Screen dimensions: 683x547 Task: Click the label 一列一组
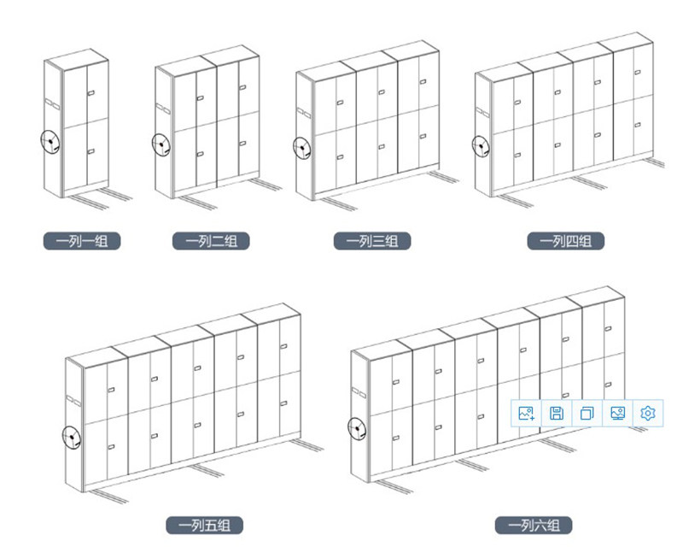click(x=82, y=241)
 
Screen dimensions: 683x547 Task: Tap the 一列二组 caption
click(x=211, y=241)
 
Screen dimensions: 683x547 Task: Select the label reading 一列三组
click(x=372, y=241)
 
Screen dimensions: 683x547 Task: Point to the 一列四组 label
click(x=565, y=241)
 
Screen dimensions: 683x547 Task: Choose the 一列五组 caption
click(x=205, y=525)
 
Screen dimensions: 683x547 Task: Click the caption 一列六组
click(x=534, y=525)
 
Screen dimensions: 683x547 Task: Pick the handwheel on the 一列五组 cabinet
click(x=73, y=438)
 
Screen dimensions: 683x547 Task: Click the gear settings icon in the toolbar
click(x=648, y=414)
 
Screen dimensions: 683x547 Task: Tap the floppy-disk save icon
click(x=557, y=414)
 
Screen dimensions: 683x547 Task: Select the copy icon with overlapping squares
click(x=587, y=414)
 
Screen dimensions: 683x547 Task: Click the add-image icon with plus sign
click(x=526, y=414)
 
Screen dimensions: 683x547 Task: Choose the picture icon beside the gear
click(x=617, y=414)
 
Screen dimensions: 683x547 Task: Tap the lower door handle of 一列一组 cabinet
click(x=91, y=152)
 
